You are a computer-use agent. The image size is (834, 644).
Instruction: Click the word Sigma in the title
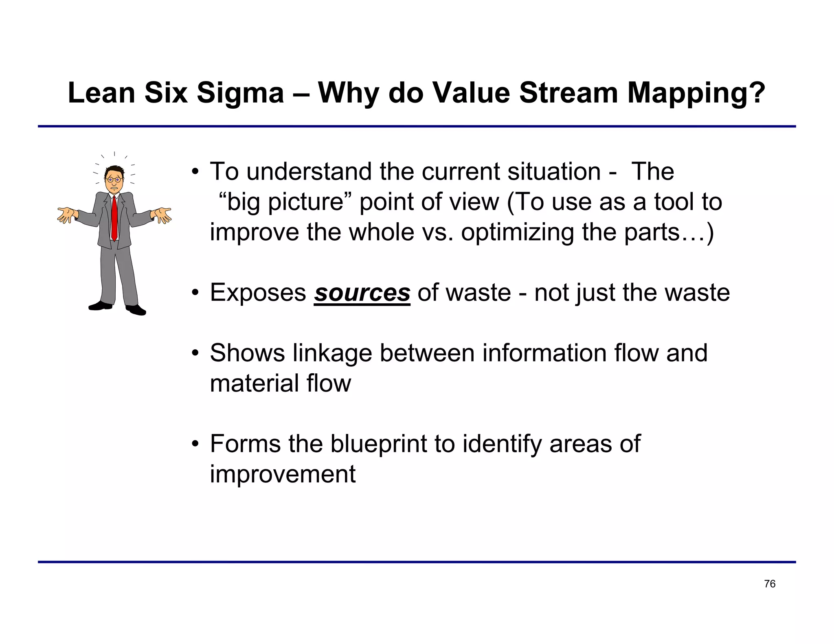coord(240,93)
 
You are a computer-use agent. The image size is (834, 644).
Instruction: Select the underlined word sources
coord(362,293)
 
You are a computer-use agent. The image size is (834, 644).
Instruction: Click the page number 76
coord(770,584)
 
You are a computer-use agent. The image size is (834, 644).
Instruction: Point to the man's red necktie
coord(115,218)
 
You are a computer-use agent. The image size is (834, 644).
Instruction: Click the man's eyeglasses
coord(114,179)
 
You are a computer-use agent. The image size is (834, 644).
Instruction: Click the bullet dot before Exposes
coord(195,293)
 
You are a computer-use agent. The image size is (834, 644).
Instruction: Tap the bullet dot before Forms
coord(195,444)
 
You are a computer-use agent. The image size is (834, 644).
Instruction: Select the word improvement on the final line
coord(283,474)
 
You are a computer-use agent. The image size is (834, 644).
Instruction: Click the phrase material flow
coord(280,383)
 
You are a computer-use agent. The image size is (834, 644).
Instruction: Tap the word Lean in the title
coord(101,93)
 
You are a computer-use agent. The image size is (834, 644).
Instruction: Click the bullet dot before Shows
coord(195,353)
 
